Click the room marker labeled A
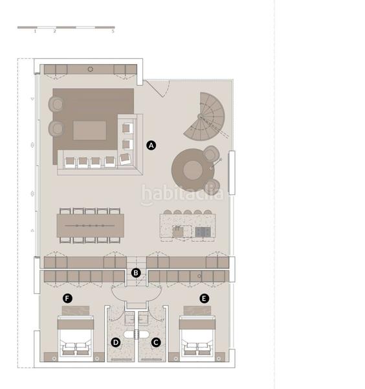point(151,145)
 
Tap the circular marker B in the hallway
point(136,273)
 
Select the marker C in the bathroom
point(155,342)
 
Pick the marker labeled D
point(116,342)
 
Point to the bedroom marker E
point(205,298)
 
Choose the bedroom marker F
point(67,298)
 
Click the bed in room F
point(75,337)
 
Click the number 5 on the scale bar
point(113,31)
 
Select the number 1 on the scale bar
point(35,31)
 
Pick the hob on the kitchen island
point(202,231)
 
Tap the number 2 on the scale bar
point(54,31)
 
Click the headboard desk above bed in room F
point(75,310)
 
